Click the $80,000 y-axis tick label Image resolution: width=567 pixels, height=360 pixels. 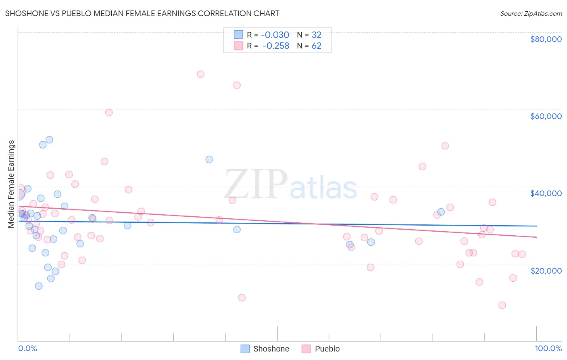(x=546, y=39)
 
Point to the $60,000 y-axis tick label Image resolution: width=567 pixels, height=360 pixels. (x=546, y=116)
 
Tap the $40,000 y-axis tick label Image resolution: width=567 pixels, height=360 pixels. (x=546, y=193)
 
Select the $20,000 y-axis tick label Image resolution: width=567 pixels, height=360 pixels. (x=546, y=270)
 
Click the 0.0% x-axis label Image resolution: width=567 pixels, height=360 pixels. (x=27, y=348)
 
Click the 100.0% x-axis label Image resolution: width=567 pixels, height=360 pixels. (x=548, y=348)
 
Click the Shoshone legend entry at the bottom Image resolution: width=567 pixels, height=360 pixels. (x=265, y=349)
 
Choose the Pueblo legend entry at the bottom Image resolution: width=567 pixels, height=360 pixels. (x=321, y=349)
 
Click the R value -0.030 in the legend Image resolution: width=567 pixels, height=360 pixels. (x=275, y=35)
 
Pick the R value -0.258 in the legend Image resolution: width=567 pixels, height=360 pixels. (x=276, y=46)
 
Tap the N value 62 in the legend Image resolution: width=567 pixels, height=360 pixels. (x=317, y=46)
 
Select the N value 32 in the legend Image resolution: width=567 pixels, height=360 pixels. (x=317, y=35)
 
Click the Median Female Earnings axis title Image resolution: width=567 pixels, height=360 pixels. (x=11, y=184)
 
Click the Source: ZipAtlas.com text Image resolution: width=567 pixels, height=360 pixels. (x=531, y=13)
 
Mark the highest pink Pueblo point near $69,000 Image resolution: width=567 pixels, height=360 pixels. (x=200, y=74)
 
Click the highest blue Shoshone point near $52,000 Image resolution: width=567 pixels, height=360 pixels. (x=49, y=140)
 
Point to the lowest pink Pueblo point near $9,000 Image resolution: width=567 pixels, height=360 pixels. (x=502, y=305)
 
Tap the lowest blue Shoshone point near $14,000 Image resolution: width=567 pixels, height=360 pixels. (x=39, y=286)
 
